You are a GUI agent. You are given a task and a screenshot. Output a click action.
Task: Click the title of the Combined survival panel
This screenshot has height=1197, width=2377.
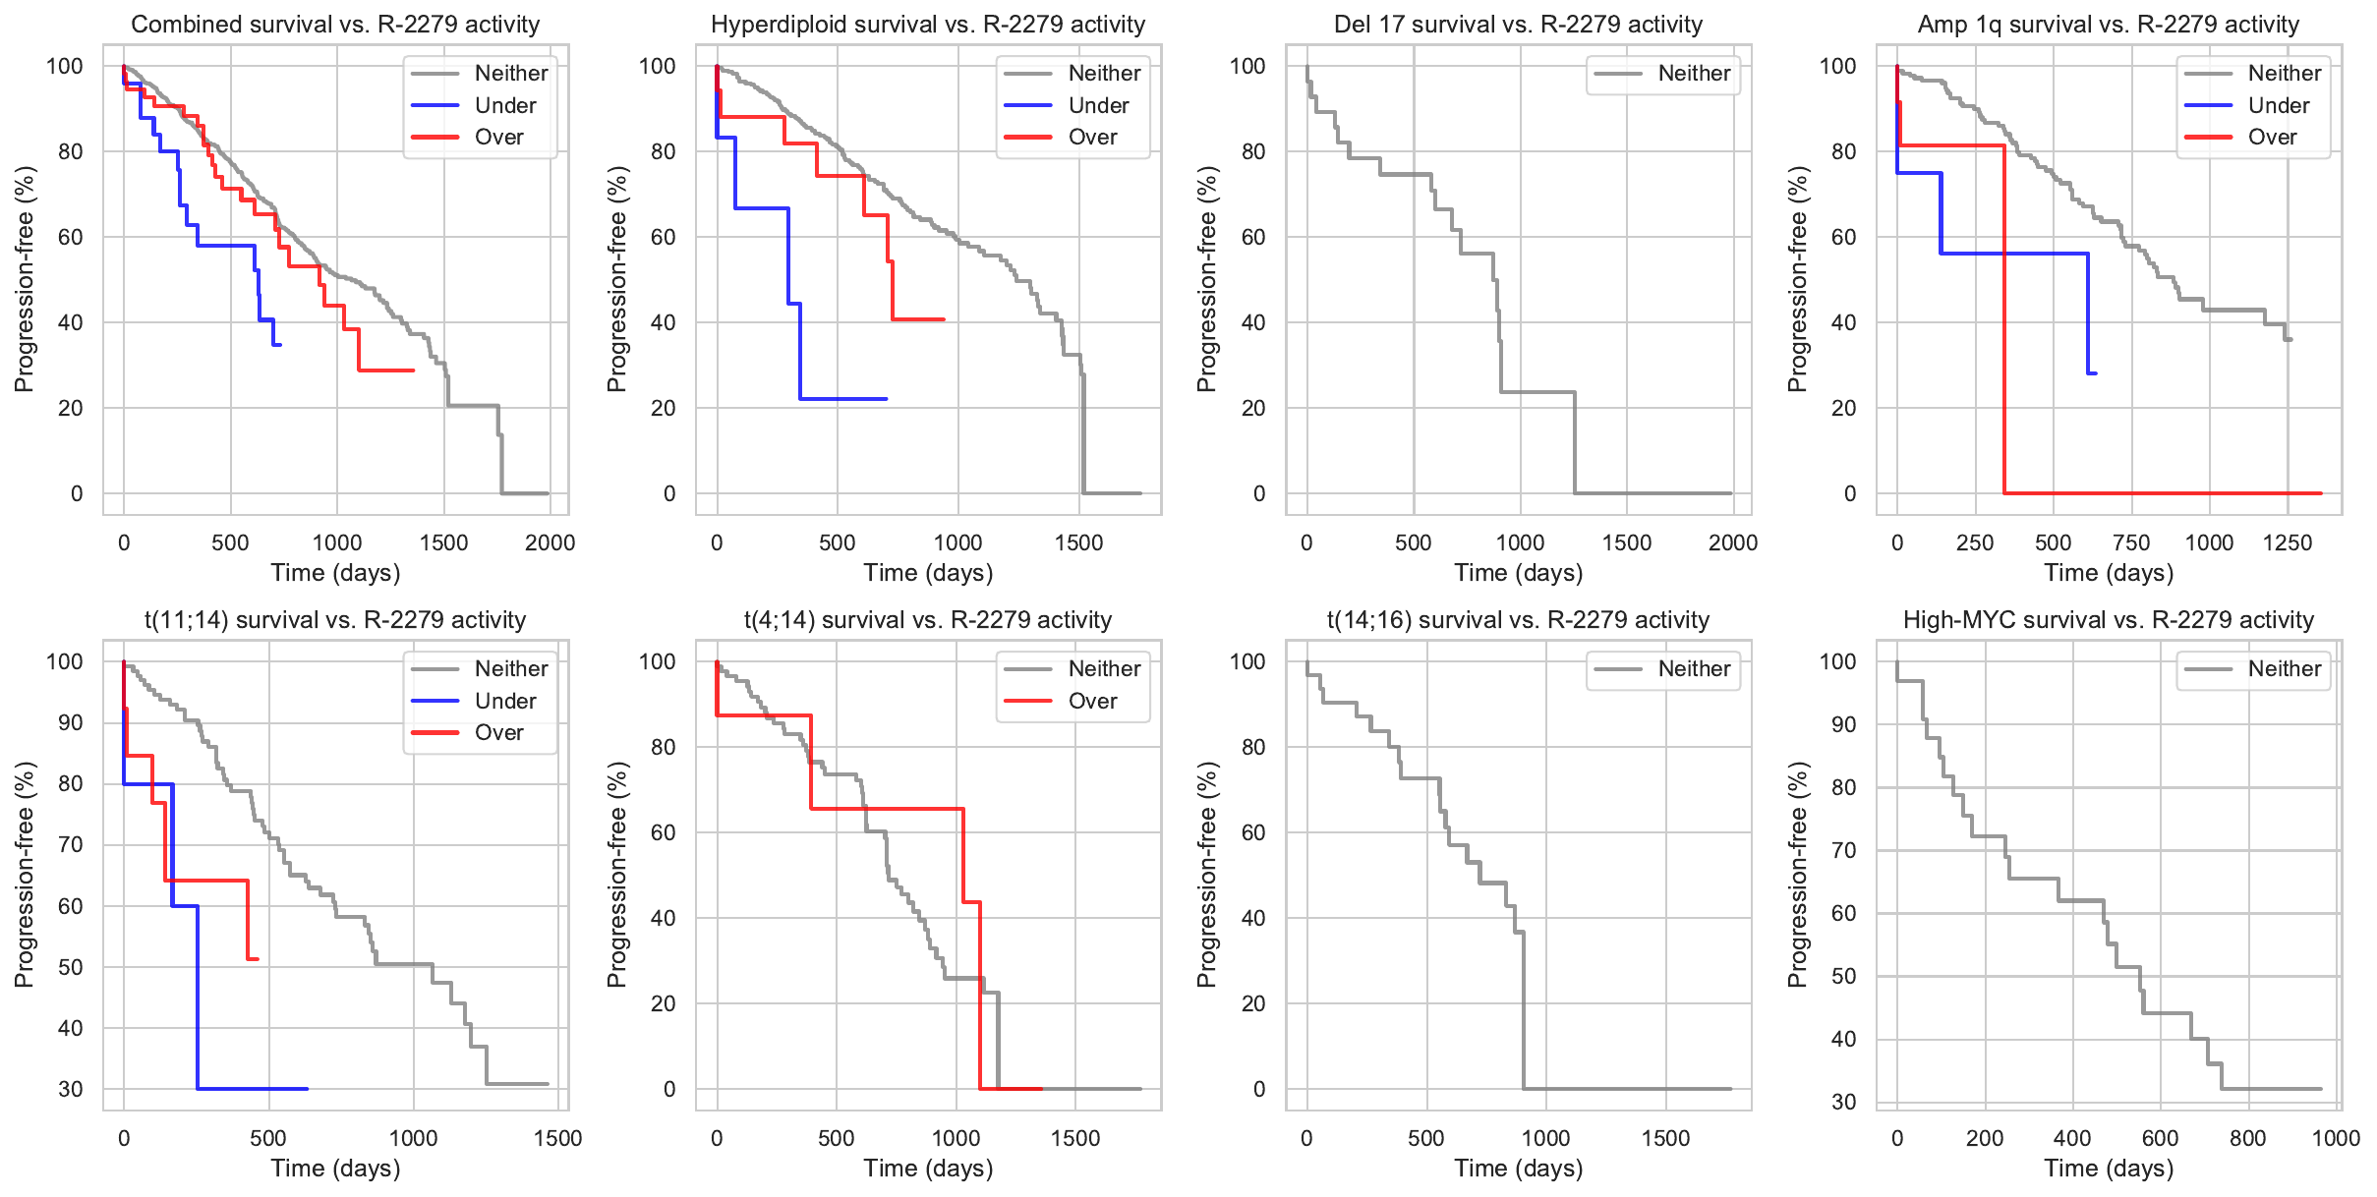pyautogui.click(x=335, y=25)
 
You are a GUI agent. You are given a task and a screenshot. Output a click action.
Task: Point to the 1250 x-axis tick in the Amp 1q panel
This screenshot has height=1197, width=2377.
pyautogui.click(x=2288, y=542)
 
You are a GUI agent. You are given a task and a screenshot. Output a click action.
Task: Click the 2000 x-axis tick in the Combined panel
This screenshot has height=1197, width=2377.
pyautogui.click(x=550, y=542)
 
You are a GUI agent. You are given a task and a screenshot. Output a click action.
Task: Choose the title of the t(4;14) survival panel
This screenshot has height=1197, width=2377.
pyautogui.click(x=928, y=620)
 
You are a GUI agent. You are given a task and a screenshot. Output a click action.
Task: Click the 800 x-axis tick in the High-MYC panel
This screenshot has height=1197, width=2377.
pyautogui.click(x=2248, y=1138)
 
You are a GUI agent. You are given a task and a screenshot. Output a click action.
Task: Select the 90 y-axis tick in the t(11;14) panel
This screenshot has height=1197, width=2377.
pyautogui.click(x=71, y=722)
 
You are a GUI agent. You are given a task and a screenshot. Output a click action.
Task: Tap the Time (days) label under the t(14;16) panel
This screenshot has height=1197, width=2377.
pyautogui.click(x=1519, y=1168)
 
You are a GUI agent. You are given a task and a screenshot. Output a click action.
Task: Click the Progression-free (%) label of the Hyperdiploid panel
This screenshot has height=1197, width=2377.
pyautogui.click(x=616, y=279)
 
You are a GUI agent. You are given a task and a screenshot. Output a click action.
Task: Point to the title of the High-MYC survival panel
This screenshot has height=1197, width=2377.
pyautogui.click(x=2109, y=620)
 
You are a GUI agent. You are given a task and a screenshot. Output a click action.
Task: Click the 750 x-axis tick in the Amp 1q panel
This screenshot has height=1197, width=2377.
pyautogui.click(x=2131, y=542)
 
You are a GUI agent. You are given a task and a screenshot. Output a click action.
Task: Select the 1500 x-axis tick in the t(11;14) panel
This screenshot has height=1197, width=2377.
pyautogui.click(x=557, y=1138)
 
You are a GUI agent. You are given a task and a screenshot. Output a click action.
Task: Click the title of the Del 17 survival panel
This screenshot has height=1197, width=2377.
pyautogui.click(x=1518, y=25)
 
